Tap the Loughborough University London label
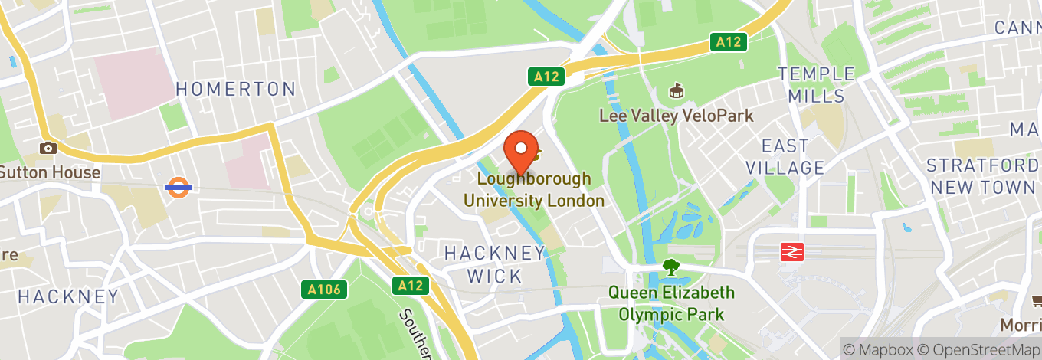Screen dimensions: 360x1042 pos(534,190)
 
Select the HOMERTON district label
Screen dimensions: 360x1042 pos(236,89)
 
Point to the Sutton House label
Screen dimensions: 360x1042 pos(50,172)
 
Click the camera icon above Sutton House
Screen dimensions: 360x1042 pos(48,148)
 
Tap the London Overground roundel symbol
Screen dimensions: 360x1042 pos(178,187)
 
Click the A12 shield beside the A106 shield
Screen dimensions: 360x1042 pos(411,286)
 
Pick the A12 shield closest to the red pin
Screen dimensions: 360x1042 pos(546,77)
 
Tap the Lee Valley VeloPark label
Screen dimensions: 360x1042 pos(677,116)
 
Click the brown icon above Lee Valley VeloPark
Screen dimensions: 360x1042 pos(677,92)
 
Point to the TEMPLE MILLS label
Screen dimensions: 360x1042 pos(816,85)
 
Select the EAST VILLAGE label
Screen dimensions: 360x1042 pos(792,156)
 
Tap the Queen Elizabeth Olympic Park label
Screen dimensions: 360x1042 pos(672,303)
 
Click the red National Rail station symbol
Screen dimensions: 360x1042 pos(791,252)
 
